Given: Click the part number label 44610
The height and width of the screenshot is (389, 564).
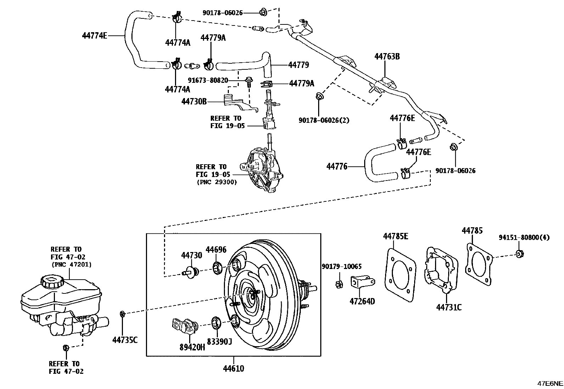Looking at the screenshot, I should pyautogui.click(x=233, y=368).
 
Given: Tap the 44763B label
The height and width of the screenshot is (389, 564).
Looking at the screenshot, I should pyautogui.click(x=387, y=56).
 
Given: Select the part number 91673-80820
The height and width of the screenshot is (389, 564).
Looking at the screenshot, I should pyautogui.click(x=208, y=80).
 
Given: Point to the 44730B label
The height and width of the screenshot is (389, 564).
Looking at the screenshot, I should pyautogui.click(x=194, y=102).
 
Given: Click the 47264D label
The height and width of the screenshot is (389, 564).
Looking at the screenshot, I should pyautogui.click(x=362, y=301).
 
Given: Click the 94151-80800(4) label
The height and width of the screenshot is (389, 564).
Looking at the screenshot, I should pyautogui.click(x=524, y=238).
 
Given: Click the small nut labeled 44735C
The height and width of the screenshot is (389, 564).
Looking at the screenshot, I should pyautogui.click(x=123, y=314).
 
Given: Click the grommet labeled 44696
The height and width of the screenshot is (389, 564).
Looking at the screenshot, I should pyautogui.click(x=216, y=268).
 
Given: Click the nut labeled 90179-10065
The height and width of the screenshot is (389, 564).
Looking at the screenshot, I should pyautogui.click(x=338, y=283).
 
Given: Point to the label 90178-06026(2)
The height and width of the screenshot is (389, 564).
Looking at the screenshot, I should pyautogui.click(x=324, y=120).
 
